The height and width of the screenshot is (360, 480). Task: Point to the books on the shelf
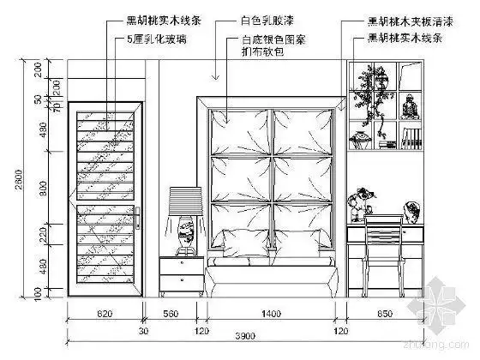point(414,137)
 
